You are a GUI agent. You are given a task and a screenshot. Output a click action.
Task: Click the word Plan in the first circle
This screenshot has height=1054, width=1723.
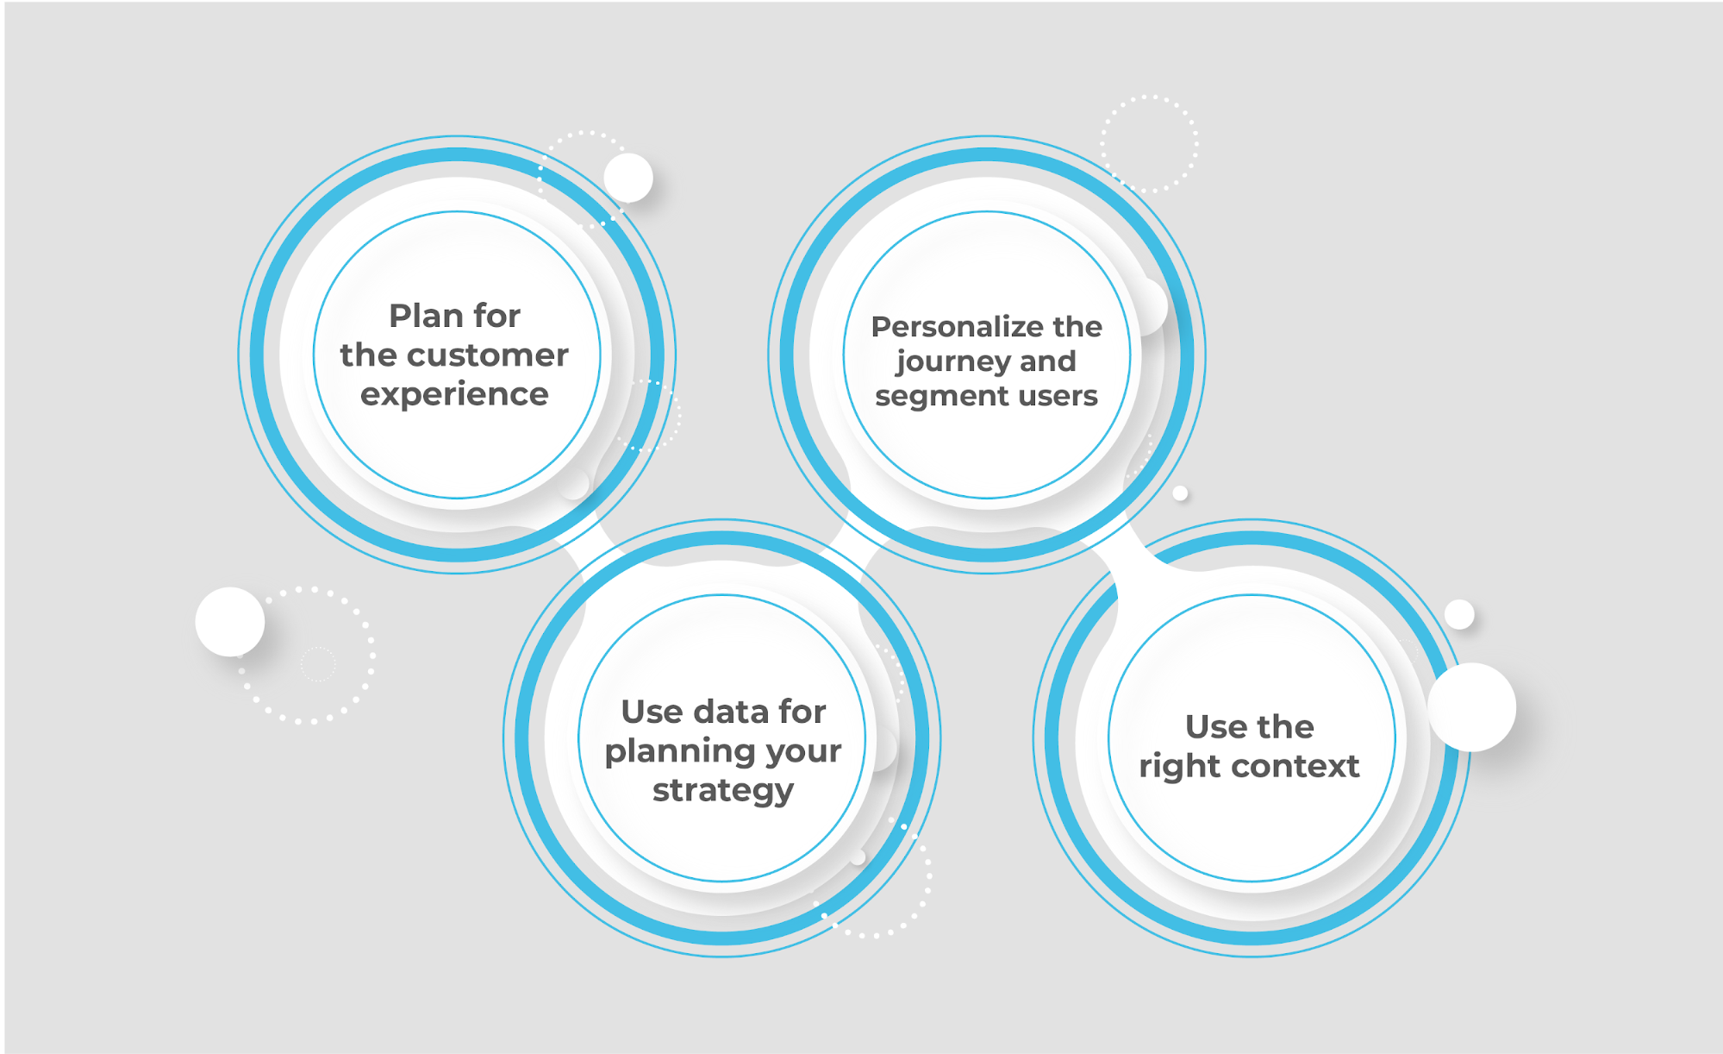425,316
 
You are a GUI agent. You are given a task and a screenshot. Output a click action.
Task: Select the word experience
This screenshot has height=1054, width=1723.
454,395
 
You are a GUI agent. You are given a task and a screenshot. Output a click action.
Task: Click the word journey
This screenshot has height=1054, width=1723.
953,362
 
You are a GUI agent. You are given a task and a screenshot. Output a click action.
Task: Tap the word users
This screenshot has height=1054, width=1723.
1059,397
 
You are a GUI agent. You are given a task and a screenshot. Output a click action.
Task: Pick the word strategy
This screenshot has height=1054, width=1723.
723,791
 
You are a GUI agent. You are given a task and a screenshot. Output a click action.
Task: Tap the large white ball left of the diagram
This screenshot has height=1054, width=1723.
229,621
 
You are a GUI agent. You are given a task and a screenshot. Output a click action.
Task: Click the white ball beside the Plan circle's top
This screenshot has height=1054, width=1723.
628,178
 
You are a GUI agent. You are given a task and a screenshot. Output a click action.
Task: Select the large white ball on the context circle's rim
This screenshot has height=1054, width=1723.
1471,706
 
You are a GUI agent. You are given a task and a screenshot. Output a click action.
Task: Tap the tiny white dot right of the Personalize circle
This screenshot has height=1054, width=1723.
1181,493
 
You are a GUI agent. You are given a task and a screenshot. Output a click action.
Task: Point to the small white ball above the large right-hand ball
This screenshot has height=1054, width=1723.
1459,614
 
